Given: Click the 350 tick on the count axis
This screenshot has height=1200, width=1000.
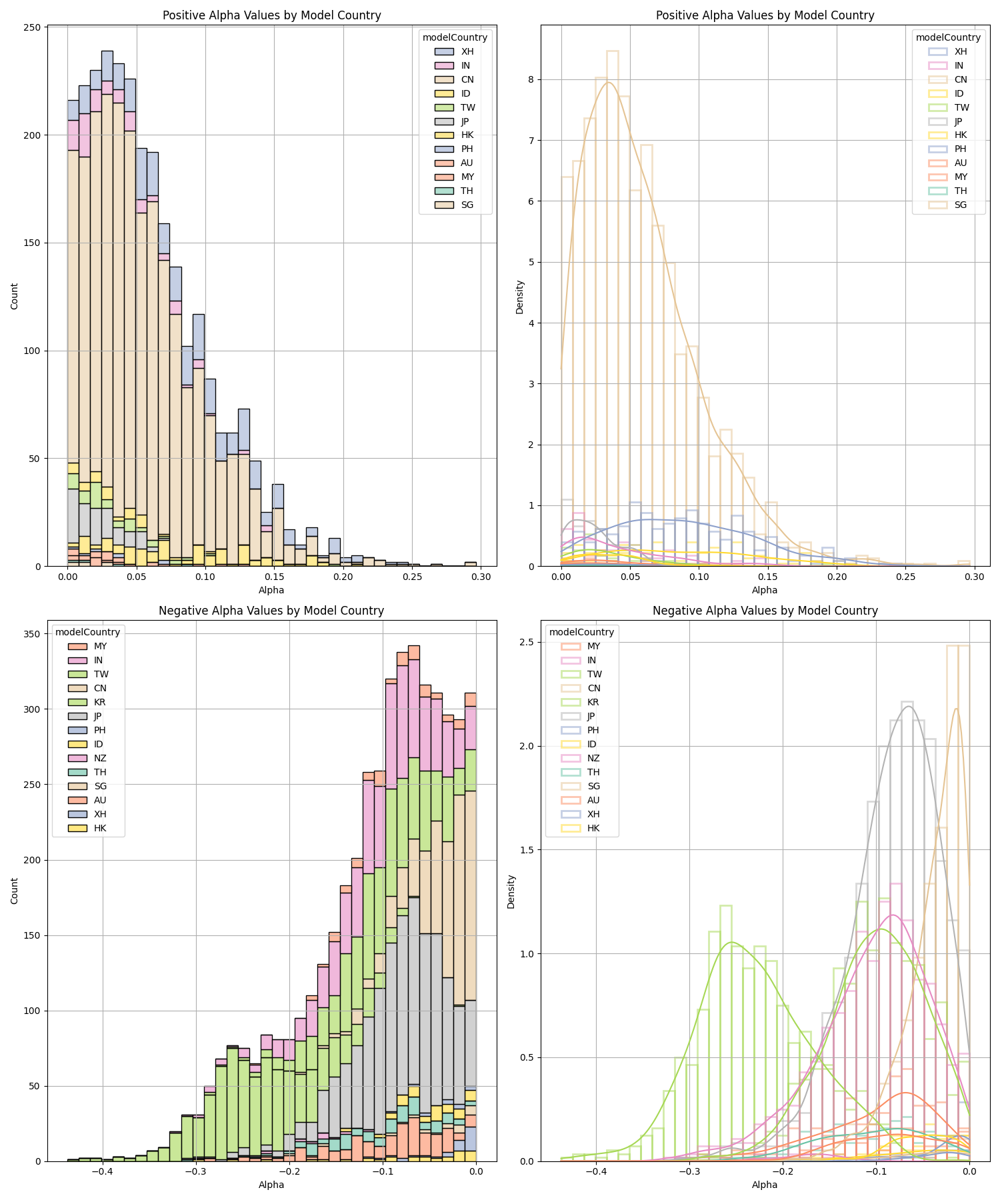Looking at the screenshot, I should click(32, 633).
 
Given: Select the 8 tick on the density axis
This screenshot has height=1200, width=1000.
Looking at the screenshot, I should click(531, 79).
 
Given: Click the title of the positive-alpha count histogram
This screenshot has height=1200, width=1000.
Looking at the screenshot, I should click(271, 15).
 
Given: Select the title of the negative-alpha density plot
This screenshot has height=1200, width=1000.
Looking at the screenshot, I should click(765, 611).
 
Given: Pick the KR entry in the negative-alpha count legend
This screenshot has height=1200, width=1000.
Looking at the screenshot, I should click(100, 702).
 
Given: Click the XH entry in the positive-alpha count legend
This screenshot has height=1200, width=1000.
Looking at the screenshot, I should click(467, 51).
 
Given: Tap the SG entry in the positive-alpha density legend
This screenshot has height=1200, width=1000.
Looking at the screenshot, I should click(961, 205).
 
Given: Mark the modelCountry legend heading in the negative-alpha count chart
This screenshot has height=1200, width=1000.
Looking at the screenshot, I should click(87, 632).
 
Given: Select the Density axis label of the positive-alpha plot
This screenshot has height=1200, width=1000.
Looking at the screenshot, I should click(520, 297).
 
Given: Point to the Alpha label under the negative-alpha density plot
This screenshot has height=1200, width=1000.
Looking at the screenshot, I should click(765, 1185).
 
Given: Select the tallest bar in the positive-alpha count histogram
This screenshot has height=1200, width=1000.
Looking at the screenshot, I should click(107, 307).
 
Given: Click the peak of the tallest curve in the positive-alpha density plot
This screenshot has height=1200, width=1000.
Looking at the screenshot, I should click(609, 83).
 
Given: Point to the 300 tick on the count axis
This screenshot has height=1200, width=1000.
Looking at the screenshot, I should click(32, 709).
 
